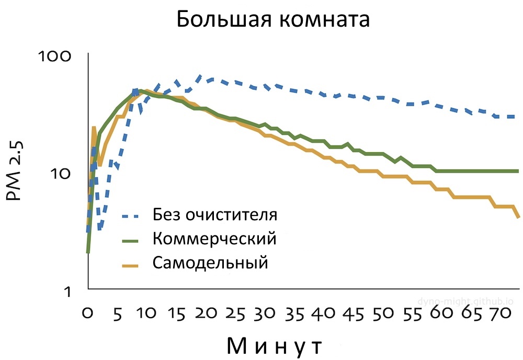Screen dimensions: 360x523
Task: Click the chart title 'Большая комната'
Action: pos(272,20)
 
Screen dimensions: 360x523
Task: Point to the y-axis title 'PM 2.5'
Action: pos(14,171)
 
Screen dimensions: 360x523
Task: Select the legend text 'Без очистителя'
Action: pos(215,214)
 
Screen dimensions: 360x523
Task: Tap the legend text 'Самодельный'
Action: pos(210,263)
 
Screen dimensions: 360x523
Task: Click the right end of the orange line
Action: pos(518,216)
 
